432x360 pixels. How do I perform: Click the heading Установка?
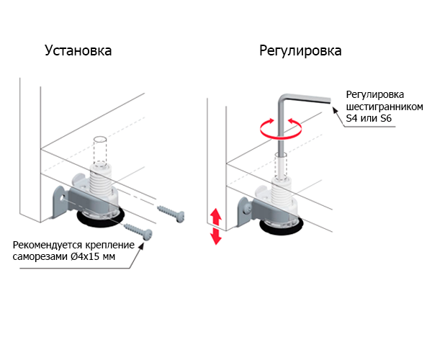78,51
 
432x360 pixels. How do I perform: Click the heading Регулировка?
300,51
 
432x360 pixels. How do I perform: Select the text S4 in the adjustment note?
353,118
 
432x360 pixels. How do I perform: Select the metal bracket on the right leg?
249,210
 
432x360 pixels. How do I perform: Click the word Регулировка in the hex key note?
375,95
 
